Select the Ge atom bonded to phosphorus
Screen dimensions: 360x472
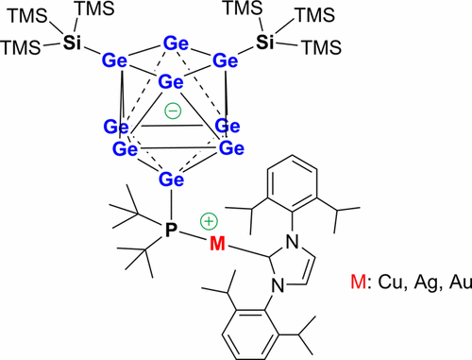click(x=171, y=180)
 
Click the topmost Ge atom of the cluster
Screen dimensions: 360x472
click(x=175, y=43)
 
